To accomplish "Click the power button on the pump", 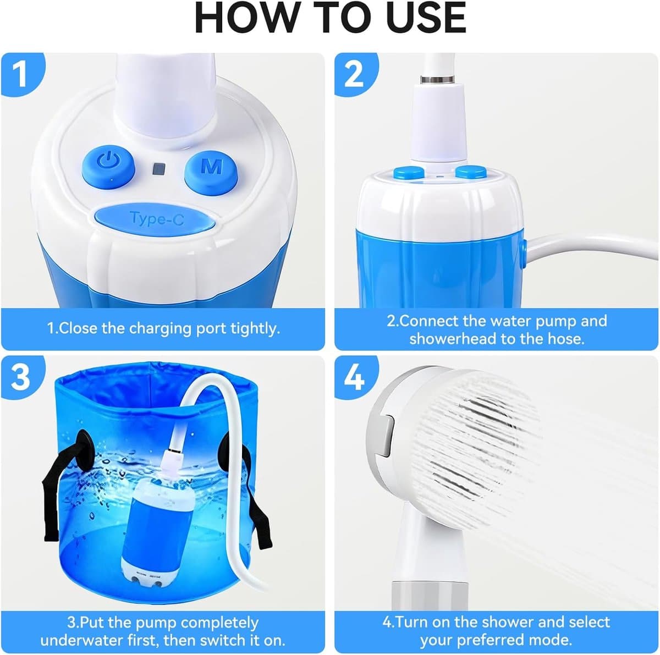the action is click(x=108, y=167).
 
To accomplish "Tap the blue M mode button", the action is click(x=211, y=167).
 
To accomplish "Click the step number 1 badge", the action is click(x=21, y=74).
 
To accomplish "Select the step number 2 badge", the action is click(x=355, y=74).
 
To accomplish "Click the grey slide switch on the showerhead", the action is click(x=386, y=436).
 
